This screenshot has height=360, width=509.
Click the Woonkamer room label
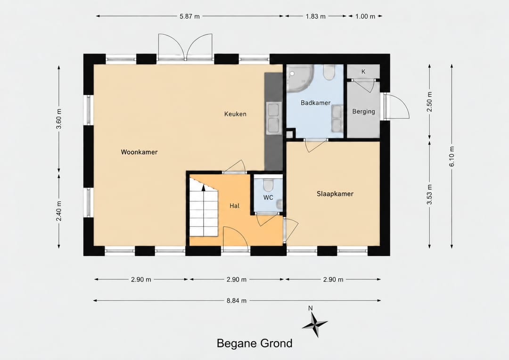click(139, 152)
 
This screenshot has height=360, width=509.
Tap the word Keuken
click(235, 114)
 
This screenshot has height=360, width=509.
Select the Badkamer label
click(315, 103)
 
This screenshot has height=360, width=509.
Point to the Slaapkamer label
click(335, 194)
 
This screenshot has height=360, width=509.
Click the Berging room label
click(363, 111)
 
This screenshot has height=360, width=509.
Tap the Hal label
click(234, 206)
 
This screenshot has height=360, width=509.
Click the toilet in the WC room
click(268, 185)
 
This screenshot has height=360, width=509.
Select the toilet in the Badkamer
click(329, 73)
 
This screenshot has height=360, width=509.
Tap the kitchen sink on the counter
click(273, 118)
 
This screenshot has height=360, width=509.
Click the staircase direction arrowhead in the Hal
click(204, 188)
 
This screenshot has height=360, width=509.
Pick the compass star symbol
click(314, 324)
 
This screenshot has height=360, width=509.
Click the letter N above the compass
click(310, 308)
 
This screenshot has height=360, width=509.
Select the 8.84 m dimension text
click(236, 301)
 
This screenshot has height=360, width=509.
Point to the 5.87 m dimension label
click(189, 16)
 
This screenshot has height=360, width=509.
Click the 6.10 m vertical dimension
click(452, 156)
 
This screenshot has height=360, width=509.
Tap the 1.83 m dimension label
click(315, 16)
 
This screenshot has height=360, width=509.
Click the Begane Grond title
click(254, 344)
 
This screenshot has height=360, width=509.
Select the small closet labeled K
click(363, 72)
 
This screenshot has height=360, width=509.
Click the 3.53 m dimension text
click(429, 195)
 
